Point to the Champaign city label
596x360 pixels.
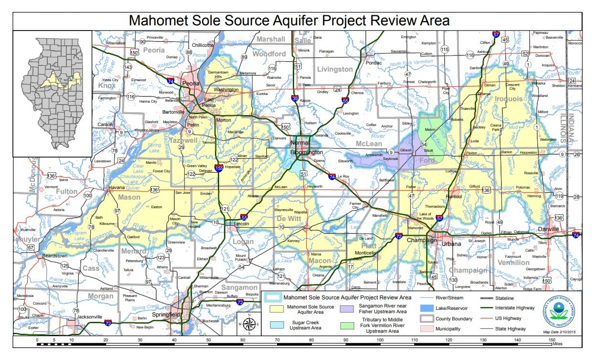(x=422, y=240)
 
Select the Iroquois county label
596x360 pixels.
(x=512, y=98)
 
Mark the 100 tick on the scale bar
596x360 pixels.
(x=380, y=340)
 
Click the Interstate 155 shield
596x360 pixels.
(x=219, y=168)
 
